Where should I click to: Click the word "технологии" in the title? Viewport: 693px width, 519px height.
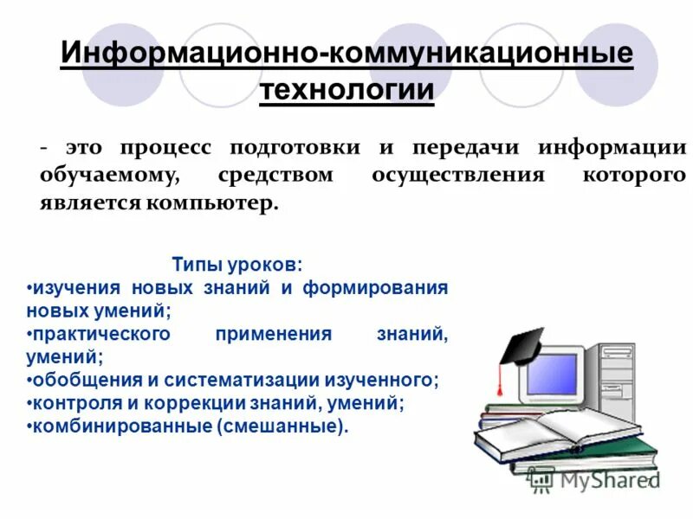tap(346, 89)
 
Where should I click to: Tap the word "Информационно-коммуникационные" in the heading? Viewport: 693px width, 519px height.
tap(346, 54)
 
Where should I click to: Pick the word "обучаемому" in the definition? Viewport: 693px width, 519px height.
tap(108, 176)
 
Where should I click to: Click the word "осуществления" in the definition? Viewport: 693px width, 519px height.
tap(458, 176)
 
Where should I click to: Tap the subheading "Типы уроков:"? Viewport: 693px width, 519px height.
tap(237, 264)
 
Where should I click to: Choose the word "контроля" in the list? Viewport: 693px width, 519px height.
tap(68, 403)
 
